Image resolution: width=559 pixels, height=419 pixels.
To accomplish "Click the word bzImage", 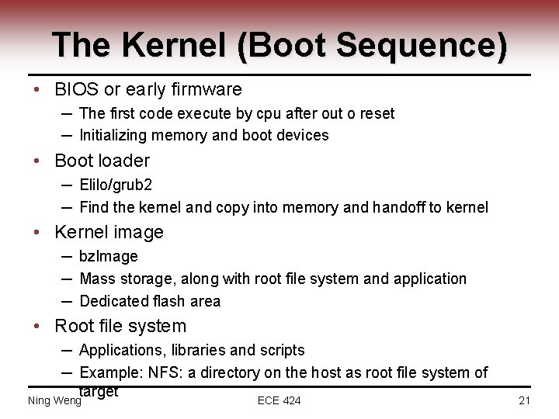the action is (x=109, y=256).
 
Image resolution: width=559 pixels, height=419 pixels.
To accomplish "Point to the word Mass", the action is (x=97, y=279).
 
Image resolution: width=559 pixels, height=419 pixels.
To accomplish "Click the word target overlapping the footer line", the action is (x=99, y=392).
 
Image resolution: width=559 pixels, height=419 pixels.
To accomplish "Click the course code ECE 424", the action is (x=279, y=400).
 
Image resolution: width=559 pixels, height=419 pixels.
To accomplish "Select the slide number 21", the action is (x=524, y=400).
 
